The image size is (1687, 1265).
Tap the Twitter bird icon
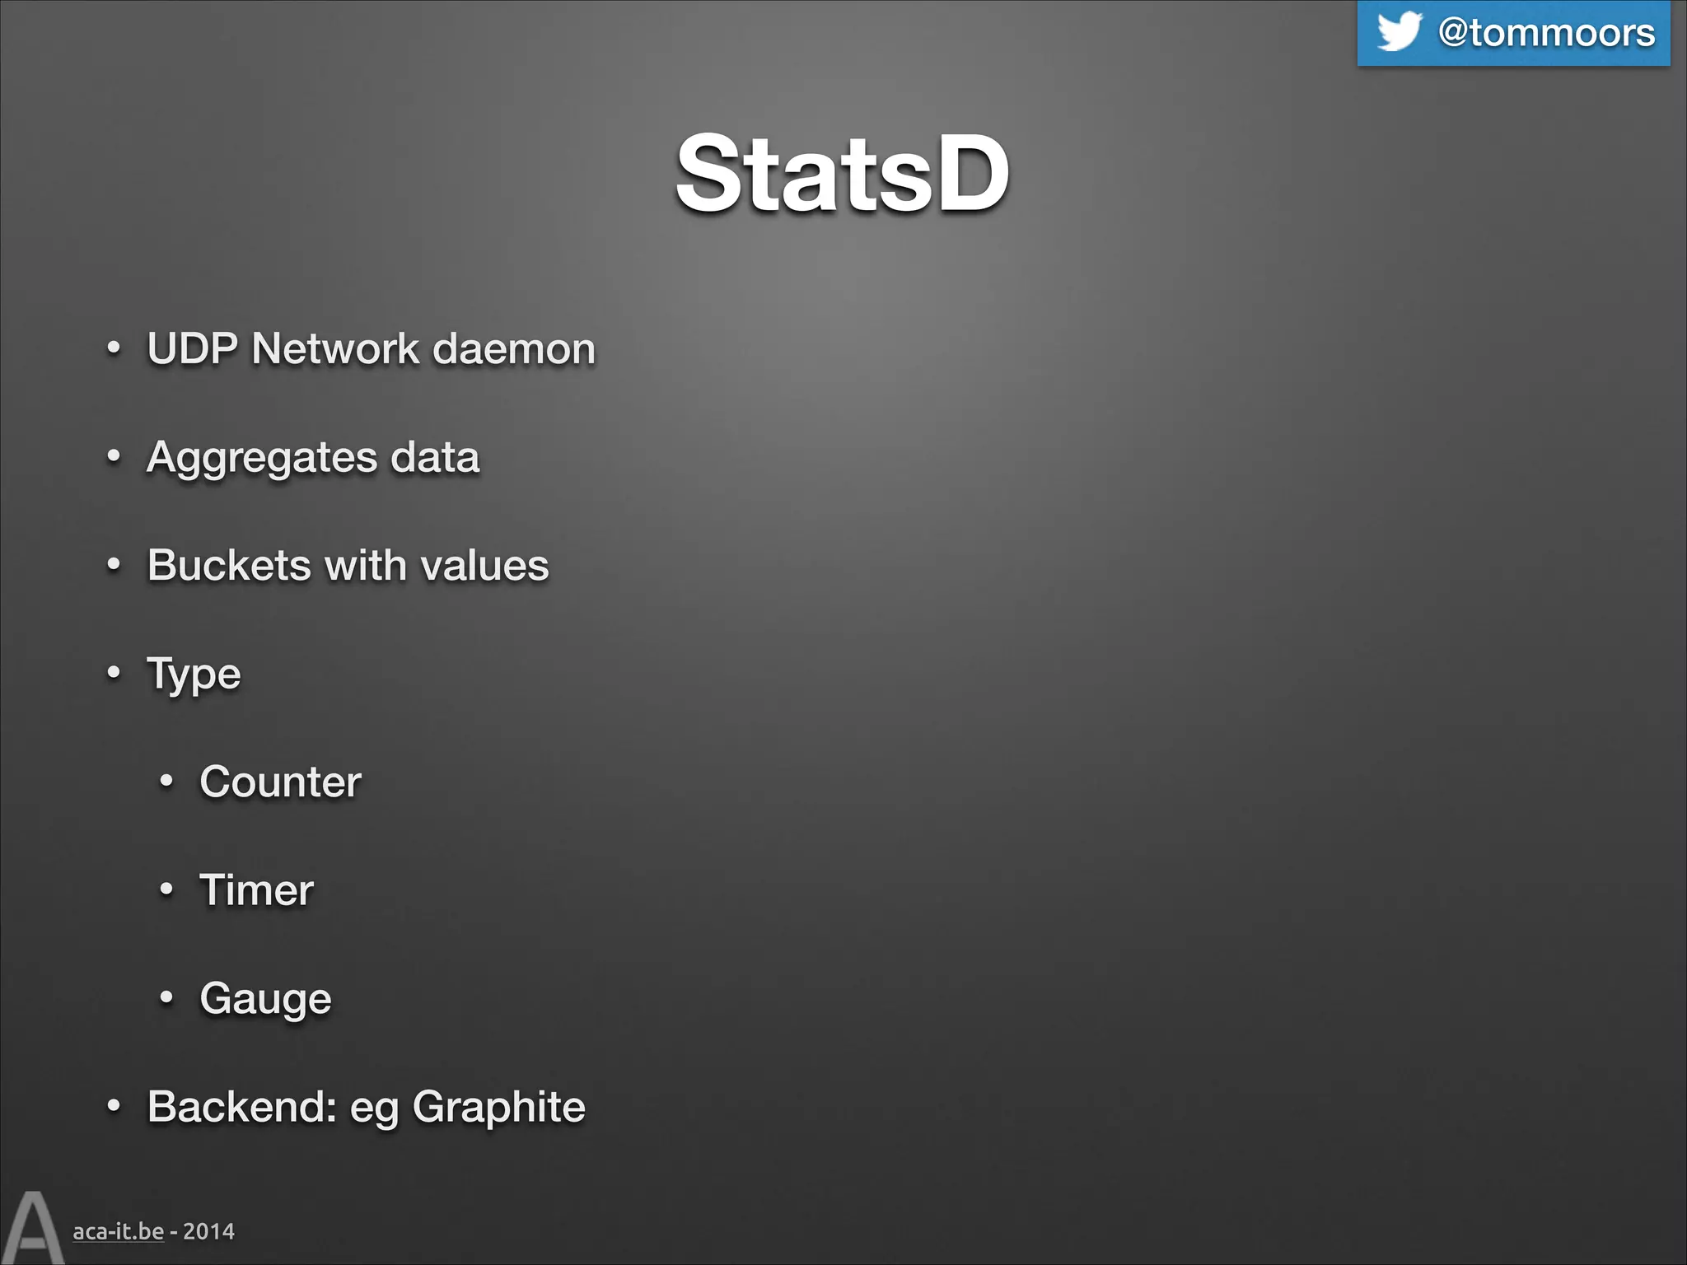click(1399, 31)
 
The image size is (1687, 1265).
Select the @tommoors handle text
click(1546, 33)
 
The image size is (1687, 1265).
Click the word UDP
click(193, 348)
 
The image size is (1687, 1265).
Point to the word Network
click(335, 348)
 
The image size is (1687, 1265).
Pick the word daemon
click(514, 348)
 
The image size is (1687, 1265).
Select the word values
click(484, 565)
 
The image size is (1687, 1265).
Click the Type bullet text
click(194, 675)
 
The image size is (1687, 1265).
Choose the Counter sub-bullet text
click(280, 782)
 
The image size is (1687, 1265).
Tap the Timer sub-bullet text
click(256, 890)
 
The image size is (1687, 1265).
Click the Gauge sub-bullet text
click(265, 999)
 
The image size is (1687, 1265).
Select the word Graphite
click(498, 1108)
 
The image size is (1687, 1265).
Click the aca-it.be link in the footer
click(118, 1231)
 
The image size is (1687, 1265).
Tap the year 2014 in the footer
click(208, 1231)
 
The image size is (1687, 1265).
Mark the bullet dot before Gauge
click(166, 997)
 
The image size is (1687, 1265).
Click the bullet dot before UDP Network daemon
click(114, 348)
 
